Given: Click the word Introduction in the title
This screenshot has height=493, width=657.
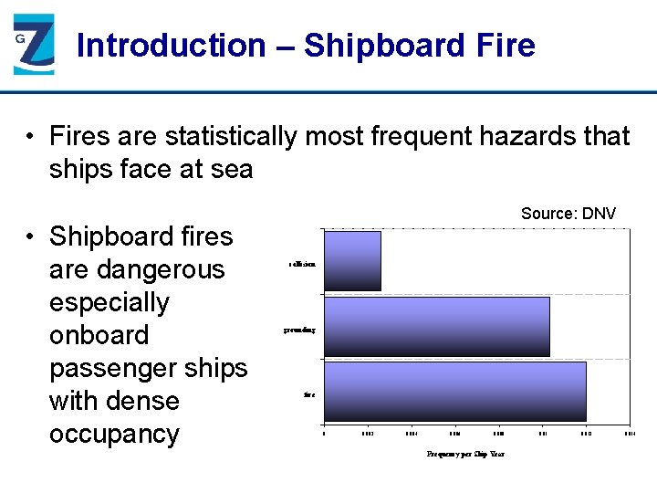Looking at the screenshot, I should pyautogui.click(x=171, y=45).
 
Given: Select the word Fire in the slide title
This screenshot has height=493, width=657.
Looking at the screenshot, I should pyautogui.click(x=506, y=45).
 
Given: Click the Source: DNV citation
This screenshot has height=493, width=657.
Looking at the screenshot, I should pyautogui.click(x=568, y=214).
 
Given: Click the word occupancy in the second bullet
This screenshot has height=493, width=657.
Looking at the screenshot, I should pyautogui.click(x=114, y=434).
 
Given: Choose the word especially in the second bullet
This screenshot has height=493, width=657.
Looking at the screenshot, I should pyautogui.click(x=109, y=302).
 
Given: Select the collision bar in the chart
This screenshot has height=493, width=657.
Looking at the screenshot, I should pyautogui.click(x=352, y=261).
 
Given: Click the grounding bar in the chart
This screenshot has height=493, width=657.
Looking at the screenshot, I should pyautogui.click(x=437, y=327).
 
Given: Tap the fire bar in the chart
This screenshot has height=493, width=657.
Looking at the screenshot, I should pyautogui.click(x=455, y=392).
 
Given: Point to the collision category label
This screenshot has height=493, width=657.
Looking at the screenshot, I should pyautogui.click(x=303, y=264).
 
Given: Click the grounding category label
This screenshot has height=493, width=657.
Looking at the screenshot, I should pyautogui.click(x=299, y=330).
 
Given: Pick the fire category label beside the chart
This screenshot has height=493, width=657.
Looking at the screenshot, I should pyautogui.click(x=309, y=395).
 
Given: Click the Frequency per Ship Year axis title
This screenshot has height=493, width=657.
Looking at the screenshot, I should pyautogui.click(x=465, y=454).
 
